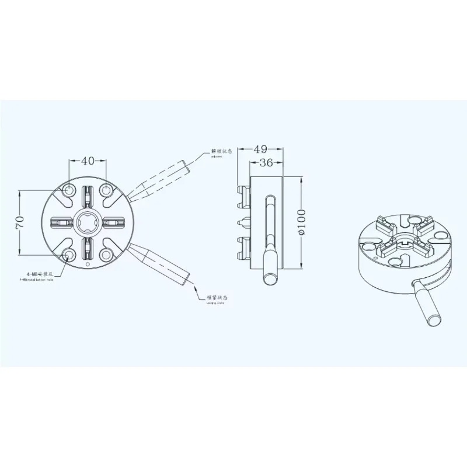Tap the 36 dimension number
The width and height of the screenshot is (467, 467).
point(266,163)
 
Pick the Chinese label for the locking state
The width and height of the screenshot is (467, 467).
point(217,298)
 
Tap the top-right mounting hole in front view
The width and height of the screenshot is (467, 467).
point(107,190)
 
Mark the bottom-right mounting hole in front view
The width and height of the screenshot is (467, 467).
point(107,255)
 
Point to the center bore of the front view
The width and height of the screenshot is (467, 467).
point(88,222)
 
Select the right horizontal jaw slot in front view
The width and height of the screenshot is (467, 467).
point(114,222)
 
